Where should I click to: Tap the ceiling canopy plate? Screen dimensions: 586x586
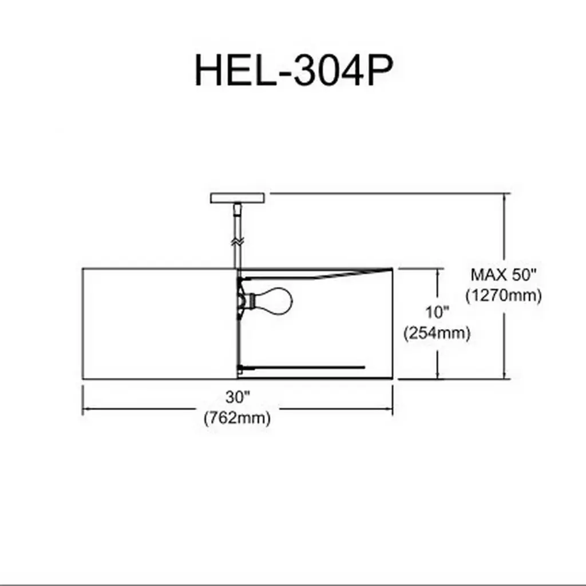click(x=237, y=198)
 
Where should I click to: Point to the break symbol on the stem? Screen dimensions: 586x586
click(x=237, y=241)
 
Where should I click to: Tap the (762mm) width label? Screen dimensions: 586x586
click(x=237, y=417)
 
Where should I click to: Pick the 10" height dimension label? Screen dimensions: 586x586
click(x=437, y=312)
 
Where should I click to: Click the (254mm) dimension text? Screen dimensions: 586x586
click(x=437, y=333)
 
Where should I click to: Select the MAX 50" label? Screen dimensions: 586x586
click(x=504, y=275)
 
